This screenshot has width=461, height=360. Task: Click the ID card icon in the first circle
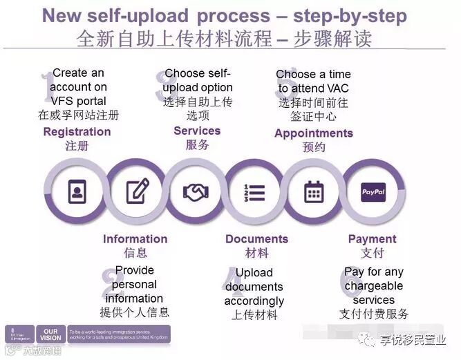[76, 190]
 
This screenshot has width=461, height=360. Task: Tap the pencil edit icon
[137, 190]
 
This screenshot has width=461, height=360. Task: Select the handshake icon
[196, 191]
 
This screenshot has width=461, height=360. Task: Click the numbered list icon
[255, 191]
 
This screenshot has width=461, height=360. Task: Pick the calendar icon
[314, 191]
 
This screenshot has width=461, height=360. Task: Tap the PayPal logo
[373, 191]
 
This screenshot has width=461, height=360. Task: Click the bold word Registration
[77, 131]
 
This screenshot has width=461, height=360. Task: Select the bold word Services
[197, 131]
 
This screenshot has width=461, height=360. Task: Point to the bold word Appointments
[314, 133]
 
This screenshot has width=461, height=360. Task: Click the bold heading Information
[135, 239]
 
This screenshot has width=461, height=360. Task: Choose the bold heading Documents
[256, 239]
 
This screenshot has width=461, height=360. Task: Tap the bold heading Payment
[372, 239]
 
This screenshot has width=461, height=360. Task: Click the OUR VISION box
[50, 334]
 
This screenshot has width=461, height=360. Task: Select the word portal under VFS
[89, 101]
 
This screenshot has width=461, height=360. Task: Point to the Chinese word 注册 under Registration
[77, 146]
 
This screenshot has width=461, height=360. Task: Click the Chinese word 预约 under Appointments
[314, 147]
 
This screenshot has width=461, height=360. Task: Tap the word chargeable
[374, 286]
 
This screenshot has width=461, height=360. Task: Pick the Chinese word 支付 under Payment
[372, 253]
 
